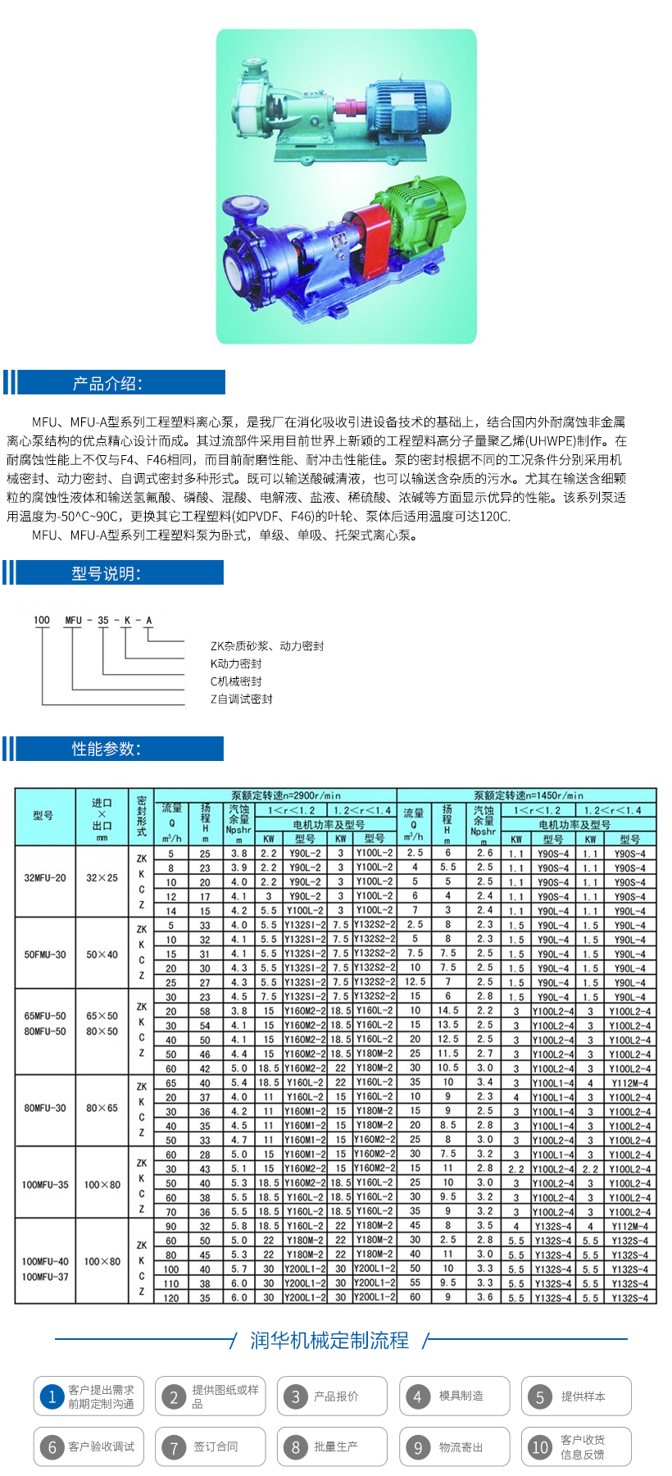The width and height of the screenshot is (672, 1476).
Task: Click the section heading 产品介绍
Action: pyautogui.click(x=107, y=383)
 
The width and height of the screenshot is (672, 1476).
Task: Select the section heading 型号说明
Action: pyautogui.click(x=107, y=573)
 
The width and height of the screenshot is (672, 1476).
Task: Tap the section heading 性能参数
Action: pyautogui.click(x=107, y=749)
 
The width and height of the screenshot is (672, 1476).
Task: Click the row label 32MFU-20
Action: pyautogui.click(x=45, y=877)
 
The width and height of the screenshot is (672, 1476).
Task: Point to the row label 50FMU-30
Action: pyautogui.click(x=45, y=954)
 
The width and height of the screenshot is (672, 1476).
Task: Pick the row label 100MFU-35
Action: pyautogui.click(x=45, y=1185)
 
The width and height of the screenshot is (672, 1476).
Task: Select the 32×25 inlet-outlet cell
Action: pyautogui.click(x=102, y=877)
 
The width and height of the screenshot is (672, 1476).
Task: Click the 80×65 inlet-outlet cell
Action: pyautogui.click(x=102, y=1108)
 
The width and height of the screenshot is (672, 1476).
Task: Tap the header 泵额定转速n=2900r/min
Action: pyautogui.click(x=286, y=795)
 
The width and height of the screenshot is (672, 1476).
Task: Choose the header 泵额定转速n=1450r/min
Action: pyautogui.click(x=529, y=795)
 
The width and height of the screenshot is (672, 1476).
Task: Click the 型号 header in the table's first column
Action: pyautogui.click(x=43, y=816)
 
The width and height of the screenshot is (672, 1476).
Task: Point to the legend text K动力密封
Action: pyautogui.click(x=236, y=663)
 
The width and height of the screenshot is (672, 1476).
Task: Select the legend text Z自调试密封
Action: pyautogui.click(x=241, y=699)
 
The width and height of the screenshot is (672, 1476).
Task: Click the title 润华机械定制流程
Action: pyautogui.click(x=329, y=1340)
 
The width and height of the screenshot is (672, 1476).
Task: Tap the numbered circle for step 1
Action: pyautogui.click(x=52, y=1396)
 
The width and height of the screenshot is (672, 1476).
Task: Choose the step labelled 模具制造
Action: pyautogui.click(x=461, y=1396)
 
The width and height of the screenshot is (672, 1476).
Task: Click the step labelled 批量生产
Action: pyautogui.click(x=336, y=1446)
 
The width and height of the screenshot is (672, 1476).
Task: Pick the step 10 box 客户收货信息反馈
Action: pyautogui.click(x=576, y=1446)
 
